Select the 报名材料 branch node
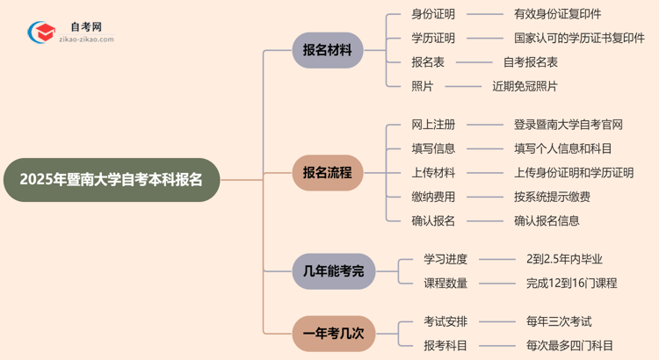tap(327, 50)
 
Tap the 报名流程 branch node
tap(327, 173)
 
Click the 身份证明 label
tap(433, 14)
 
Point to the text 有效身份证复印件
tap(558, 14)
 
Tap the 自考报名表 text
tap(531, 62)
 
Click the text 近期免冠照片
tap(525, 86)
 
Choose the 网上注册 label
tap(433, 125)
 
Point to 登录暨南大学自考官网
tap(568, 125)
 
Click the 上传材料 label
tap(433, 173)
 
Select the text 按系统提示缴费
tap(552, 197)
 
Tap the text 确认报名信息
tap(547, 221)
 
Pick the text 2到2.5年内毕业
tap(564, 259)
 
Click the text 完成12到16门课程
tap(571, 283)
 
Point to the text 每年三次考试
tap(559, 321)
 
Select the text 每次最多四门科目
tap(569, 346)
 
